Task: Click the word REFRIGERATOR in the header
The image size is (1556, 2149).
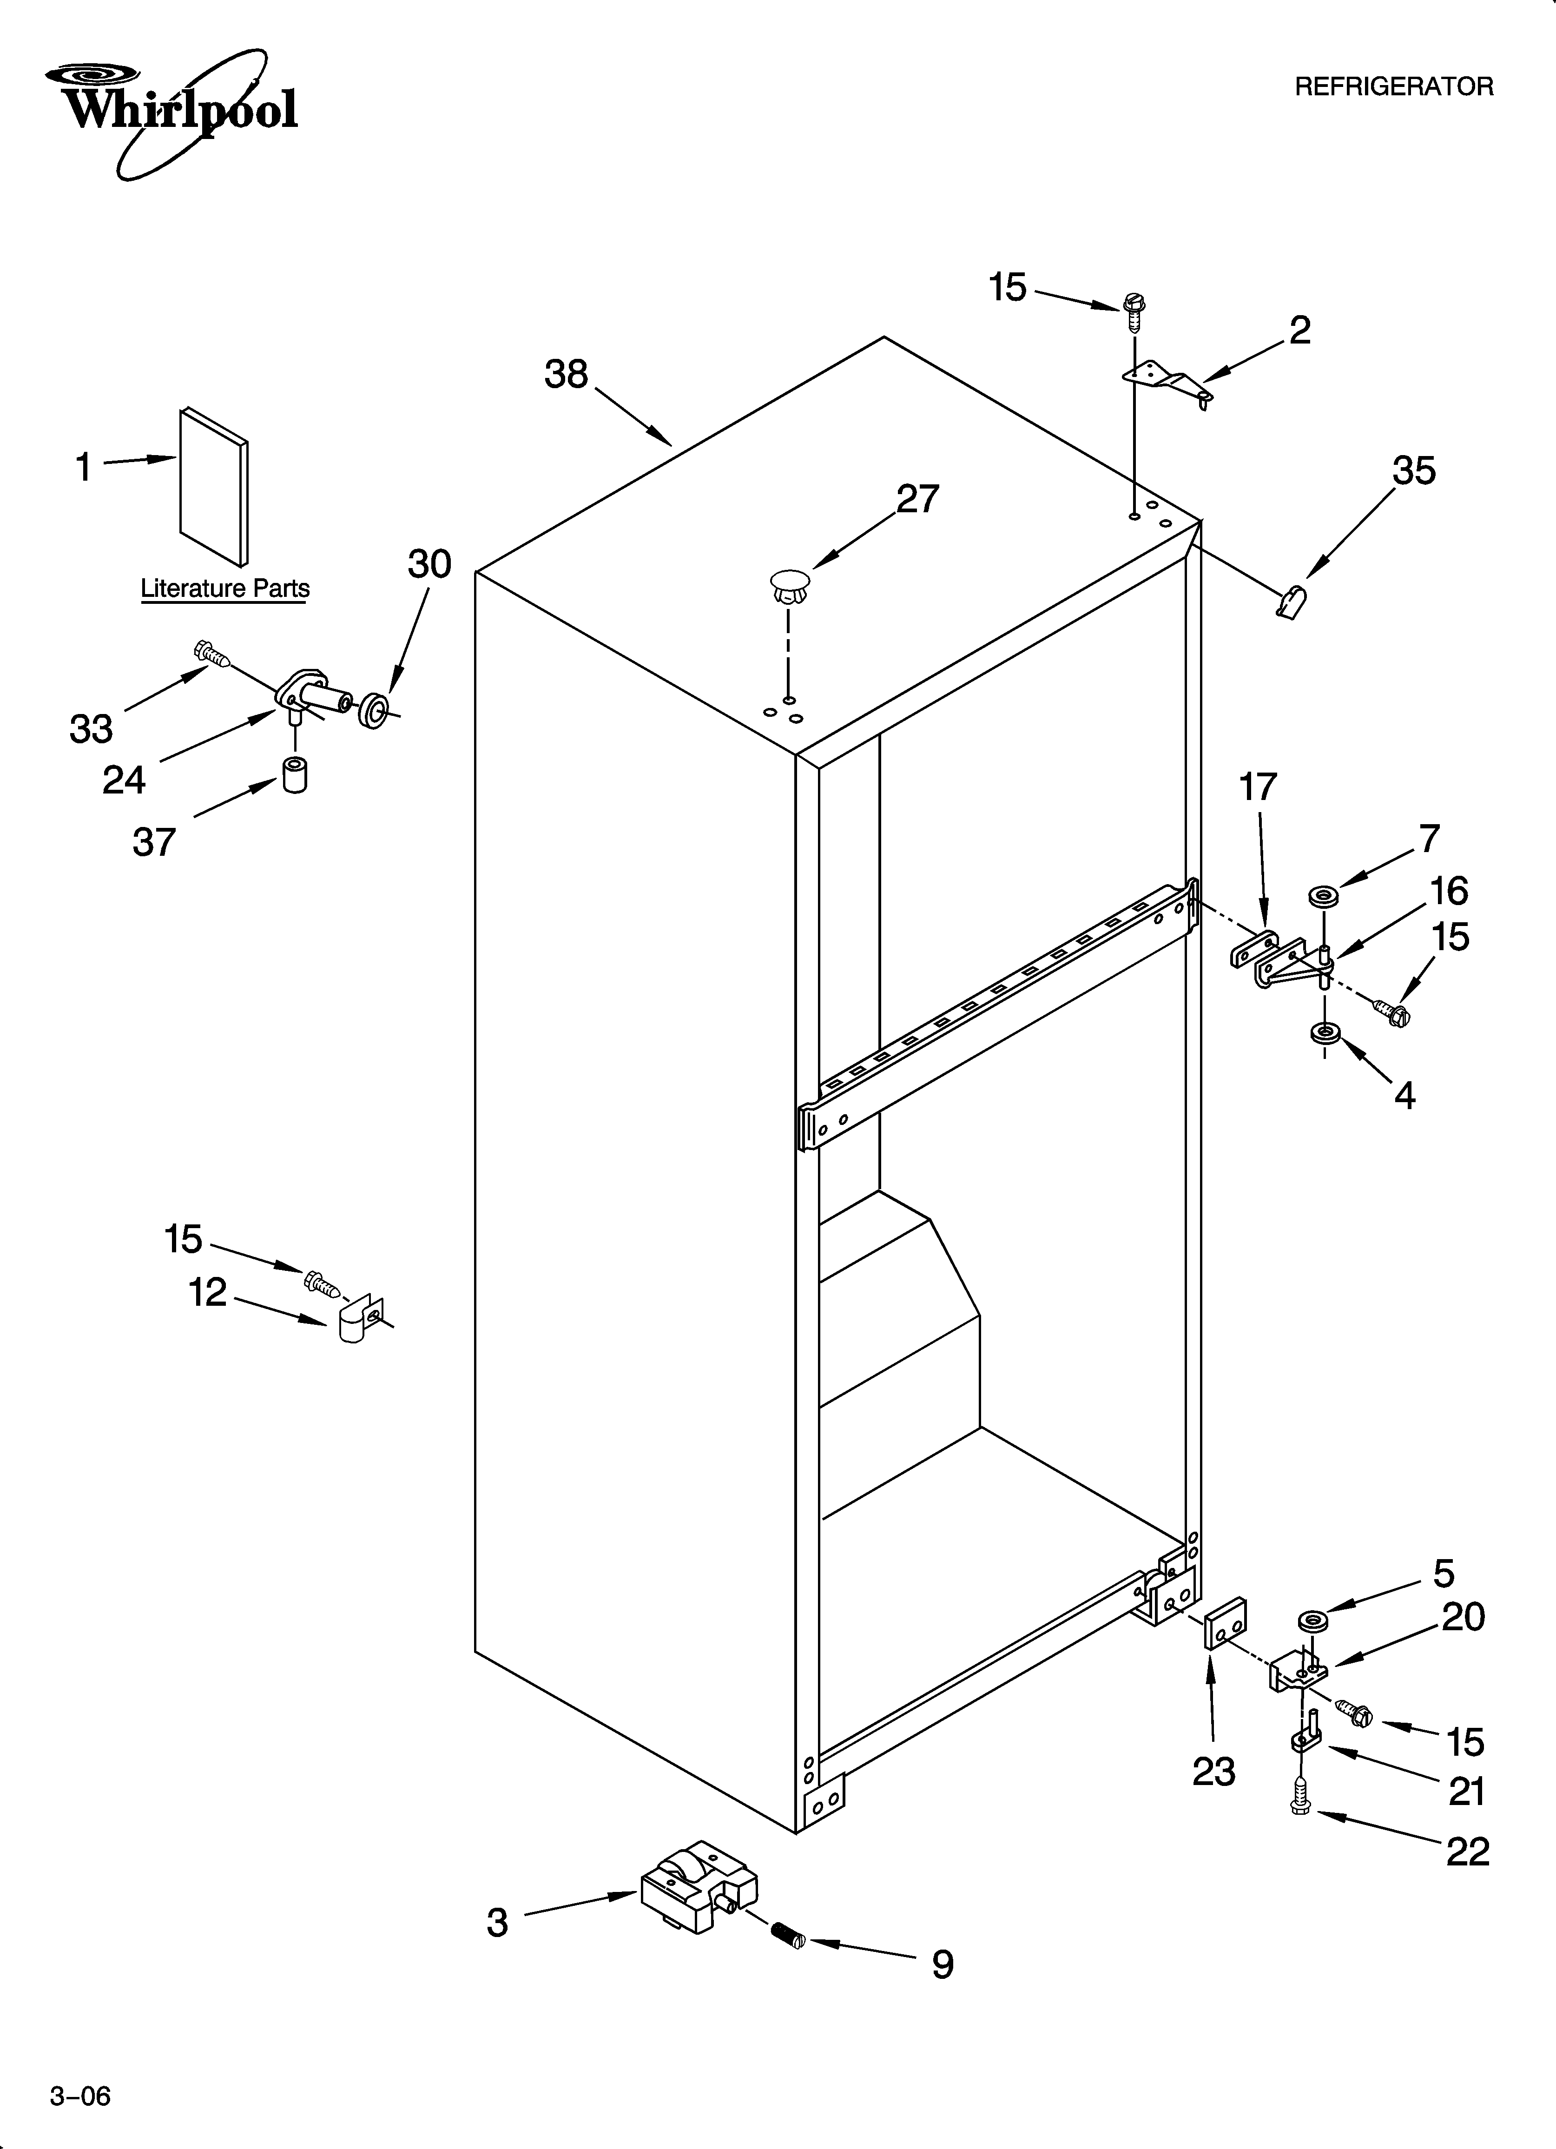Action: (x=1393, y=87)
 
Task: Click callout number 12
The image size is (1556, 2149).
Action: (x=208, y=1292)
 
